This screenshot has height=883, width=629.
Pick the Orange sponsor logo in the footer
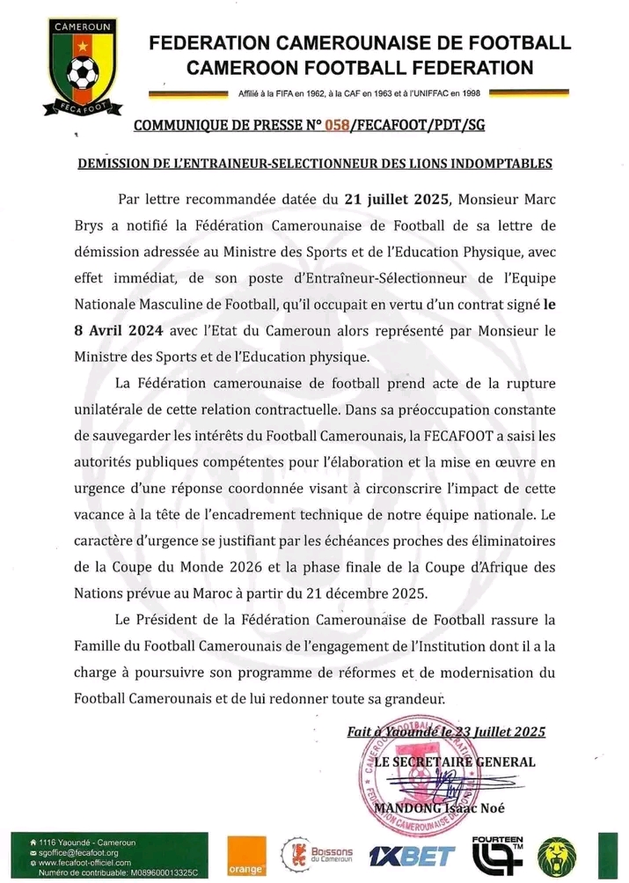click(244, 856)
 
